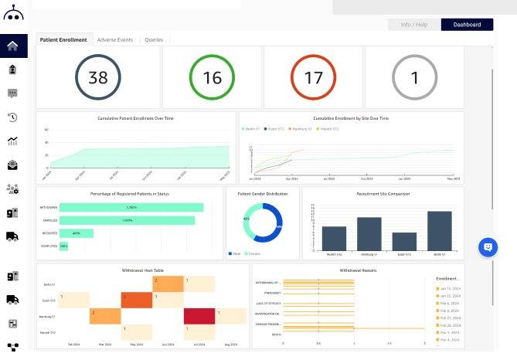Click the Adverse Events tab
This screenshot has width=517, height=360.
(116, 39)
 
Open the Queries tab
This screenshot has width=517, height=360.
(154, 39)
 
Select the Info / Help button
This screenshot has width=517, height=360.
(414, 25)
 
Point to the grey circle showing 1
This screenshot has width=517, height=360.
(414, 77)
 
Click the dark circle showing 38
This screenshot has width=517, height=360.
(98, 77)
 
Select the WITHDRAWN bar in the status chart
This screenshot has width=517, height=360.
(131, 208)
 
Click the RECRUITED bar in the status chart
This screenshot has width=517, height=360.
(77, 233)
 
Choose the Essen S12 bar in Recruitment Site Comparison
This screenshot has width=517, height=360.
(404, 241)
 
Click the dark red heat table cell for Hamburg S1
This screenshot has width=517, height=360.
(199, 315)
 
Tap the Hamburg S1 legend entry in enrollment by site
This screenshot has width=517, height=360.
(301, 129)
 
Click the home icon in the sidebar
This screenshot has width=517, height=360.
(13, 46)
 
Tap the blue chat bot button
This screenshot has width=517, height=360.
(487, 247)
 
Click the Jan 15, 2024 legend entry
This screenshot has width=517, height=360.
(449, 287)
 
